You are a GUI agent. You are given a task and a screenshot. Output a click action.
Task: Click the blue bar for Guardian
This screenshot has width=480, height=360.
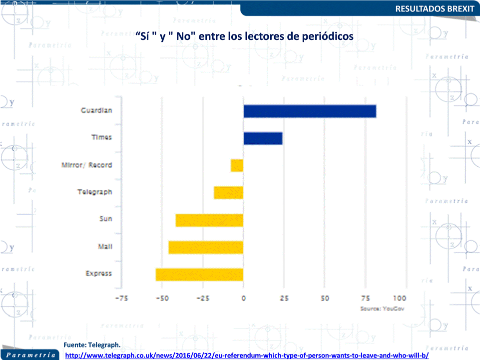(x=310, y=111)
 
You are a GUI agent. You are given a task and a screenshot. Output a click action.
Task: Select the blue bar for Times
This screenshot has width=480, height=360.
(x=263, y=138)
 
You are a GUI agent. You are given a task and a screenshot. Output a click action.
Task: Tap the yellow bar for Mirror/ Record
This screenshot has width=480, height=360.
(x=237, y=165)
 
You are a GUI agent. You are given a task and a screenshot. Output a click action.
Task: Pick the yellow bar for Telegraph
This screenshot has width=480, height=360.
(x=229, y=192)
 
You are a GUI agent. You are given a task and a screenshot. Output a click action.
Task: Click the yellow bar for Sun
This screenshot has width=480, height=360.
(x=209, y=220)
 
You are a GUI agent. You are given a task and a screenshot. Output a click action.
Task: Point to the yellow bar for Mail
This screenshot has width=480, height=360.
(x=206, y=247)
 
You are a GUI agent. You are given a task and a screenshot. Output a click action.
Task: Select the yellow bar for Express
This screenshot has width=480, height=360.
(x=199, y=275)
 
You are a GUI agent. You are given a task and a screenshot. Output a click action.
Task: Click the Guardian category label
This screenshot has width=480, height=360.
(x=96, y=110)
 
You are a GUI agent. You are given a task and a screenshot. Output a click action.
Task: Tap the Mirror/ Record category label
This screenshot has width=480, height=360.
(x=86, y=165)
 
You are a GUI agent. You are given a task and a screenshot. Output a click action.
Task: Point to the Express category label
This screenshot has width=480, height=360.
(x=98, y=274)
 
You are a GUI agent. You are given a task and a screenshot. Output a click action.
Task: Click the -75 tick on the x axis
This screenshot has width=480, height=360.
(x=121, y=298)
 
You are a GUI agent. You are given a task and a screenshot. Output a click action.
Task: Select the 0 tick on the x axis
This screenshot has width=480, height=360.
(x=244, y=298)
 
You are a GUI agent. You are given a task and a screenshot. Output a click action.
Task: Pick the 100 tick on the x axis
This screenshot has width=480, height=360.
(x=400, y=298)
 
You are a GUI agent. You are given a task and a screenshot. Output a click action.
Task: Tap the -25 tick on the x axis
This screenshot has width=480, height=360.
(x=203, y=298)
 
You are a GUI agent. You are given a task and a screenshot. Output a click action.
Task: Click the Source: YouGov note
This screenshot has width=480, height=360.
(x=382, y=309)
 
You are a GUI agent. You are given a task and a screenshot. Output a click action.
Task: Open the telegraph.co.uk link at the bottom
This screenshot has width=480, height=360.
(x=247, y=356)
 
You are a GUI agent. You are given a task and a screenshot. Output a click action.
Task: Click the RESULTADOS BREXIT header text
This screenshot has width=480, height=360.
(x=435, y=8)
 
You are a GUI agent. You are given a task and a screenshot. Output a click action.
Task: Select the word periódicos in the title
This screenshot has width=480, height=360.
(x=325, y=36)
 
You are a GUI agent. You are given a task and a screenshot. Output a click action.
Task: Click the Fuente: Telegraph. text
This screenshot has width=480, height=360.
(x=92, y=345)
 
